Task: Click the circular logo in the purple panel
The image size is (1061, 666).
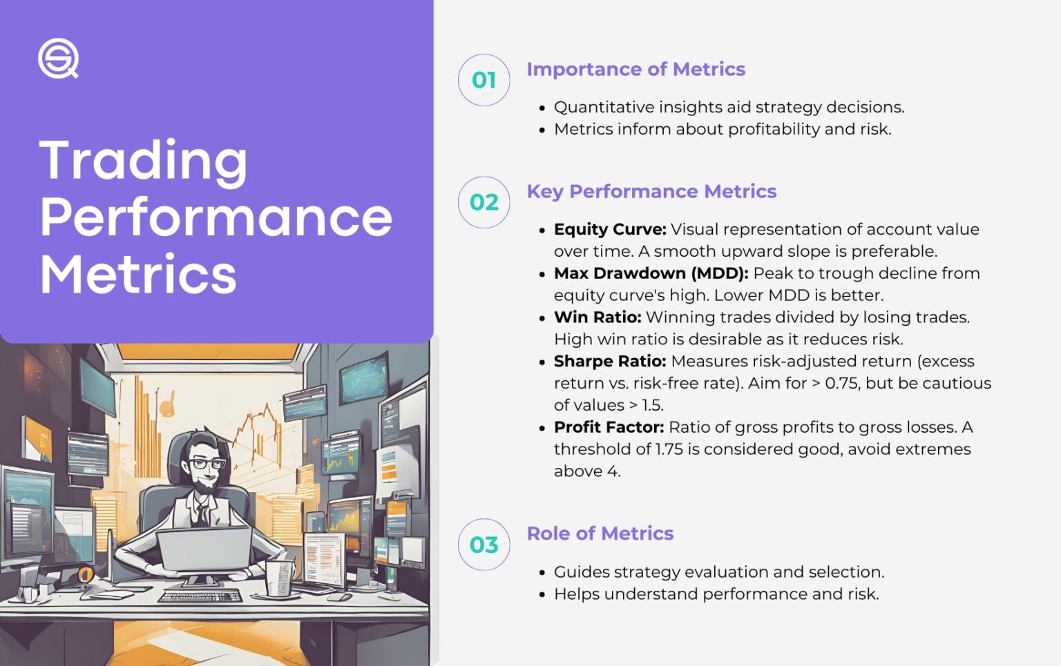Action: [x=58, y=59]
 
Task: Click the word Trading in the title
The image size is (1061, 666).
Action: [x=143, y=161]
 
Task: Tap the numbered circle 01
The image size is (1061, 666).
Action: [x=484, y=80]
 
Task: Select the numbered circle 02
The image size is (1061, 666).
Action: [x=484, y=202]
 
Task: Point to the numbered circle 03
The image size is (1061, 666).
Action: [x=484, y=545]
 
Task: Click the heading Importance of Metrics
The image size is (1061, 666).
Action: [x=635, y=69]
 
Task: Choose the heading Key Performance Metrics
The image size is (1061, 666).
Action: [x=651, y=191]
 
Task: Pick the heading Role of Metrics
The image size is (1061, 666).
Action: [x=600, y=533]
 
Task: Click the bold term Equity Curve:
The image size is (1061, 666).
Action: [x=610, y=229]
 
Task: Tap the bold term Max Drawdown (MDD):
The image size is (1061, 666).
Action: [x=651, y=273]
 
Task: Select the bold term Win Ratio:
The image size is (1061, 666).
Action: [x=598, y=317]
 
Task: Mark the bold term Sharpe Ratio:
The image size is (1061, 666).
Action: [x=610, y=362]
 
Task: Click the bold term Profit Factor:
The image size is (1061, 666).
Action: [x=609, y=427]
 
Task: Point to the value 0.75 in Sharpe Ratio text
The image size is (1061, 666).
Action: [x=841, y=384]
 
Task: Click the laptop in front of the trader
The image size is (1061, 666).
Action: [x=204, y=549]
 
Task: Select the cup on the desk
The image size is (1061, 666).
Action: [x=278, y=577]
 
